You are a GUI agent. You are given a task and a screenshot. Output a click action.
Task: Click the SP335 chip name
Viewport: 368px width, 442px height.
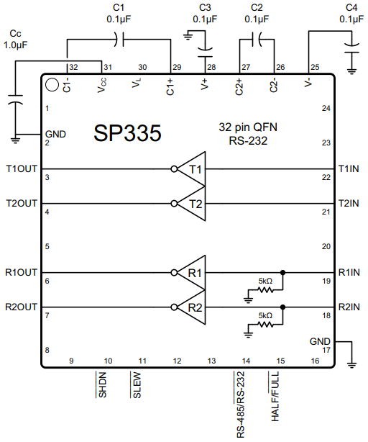tap(127, 133)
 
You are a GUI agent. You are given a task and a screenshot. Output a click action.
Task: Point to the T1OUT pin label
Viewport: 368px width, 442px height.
tap(21, 169)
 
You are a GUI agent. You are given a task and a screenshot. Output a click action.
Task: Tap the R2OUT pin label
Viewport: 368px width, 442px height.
tap(21, 307)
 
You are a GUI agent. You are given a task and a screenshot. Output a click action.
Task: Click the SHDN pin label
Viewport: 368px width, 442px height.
tap(103, 385)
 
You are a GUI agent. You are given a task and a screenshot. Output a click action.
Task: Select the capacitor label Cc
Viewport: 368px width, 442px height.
tap(14, 34)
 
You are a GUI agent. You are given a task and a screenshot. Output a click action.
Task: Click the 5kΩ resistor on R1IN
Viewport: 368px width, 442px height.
tap(266, 289)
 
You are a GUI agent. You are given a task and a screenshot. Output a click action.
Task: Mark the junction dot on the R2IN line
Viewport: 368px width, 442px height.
tap(282, 307)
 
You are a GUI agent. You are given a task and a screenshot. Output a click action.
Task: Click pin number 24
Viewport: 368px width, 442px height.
tap(325, 108)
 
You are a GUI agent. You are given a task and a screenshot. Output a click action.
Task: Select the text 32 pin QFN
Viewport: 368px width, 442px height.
tap(248, 127)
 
